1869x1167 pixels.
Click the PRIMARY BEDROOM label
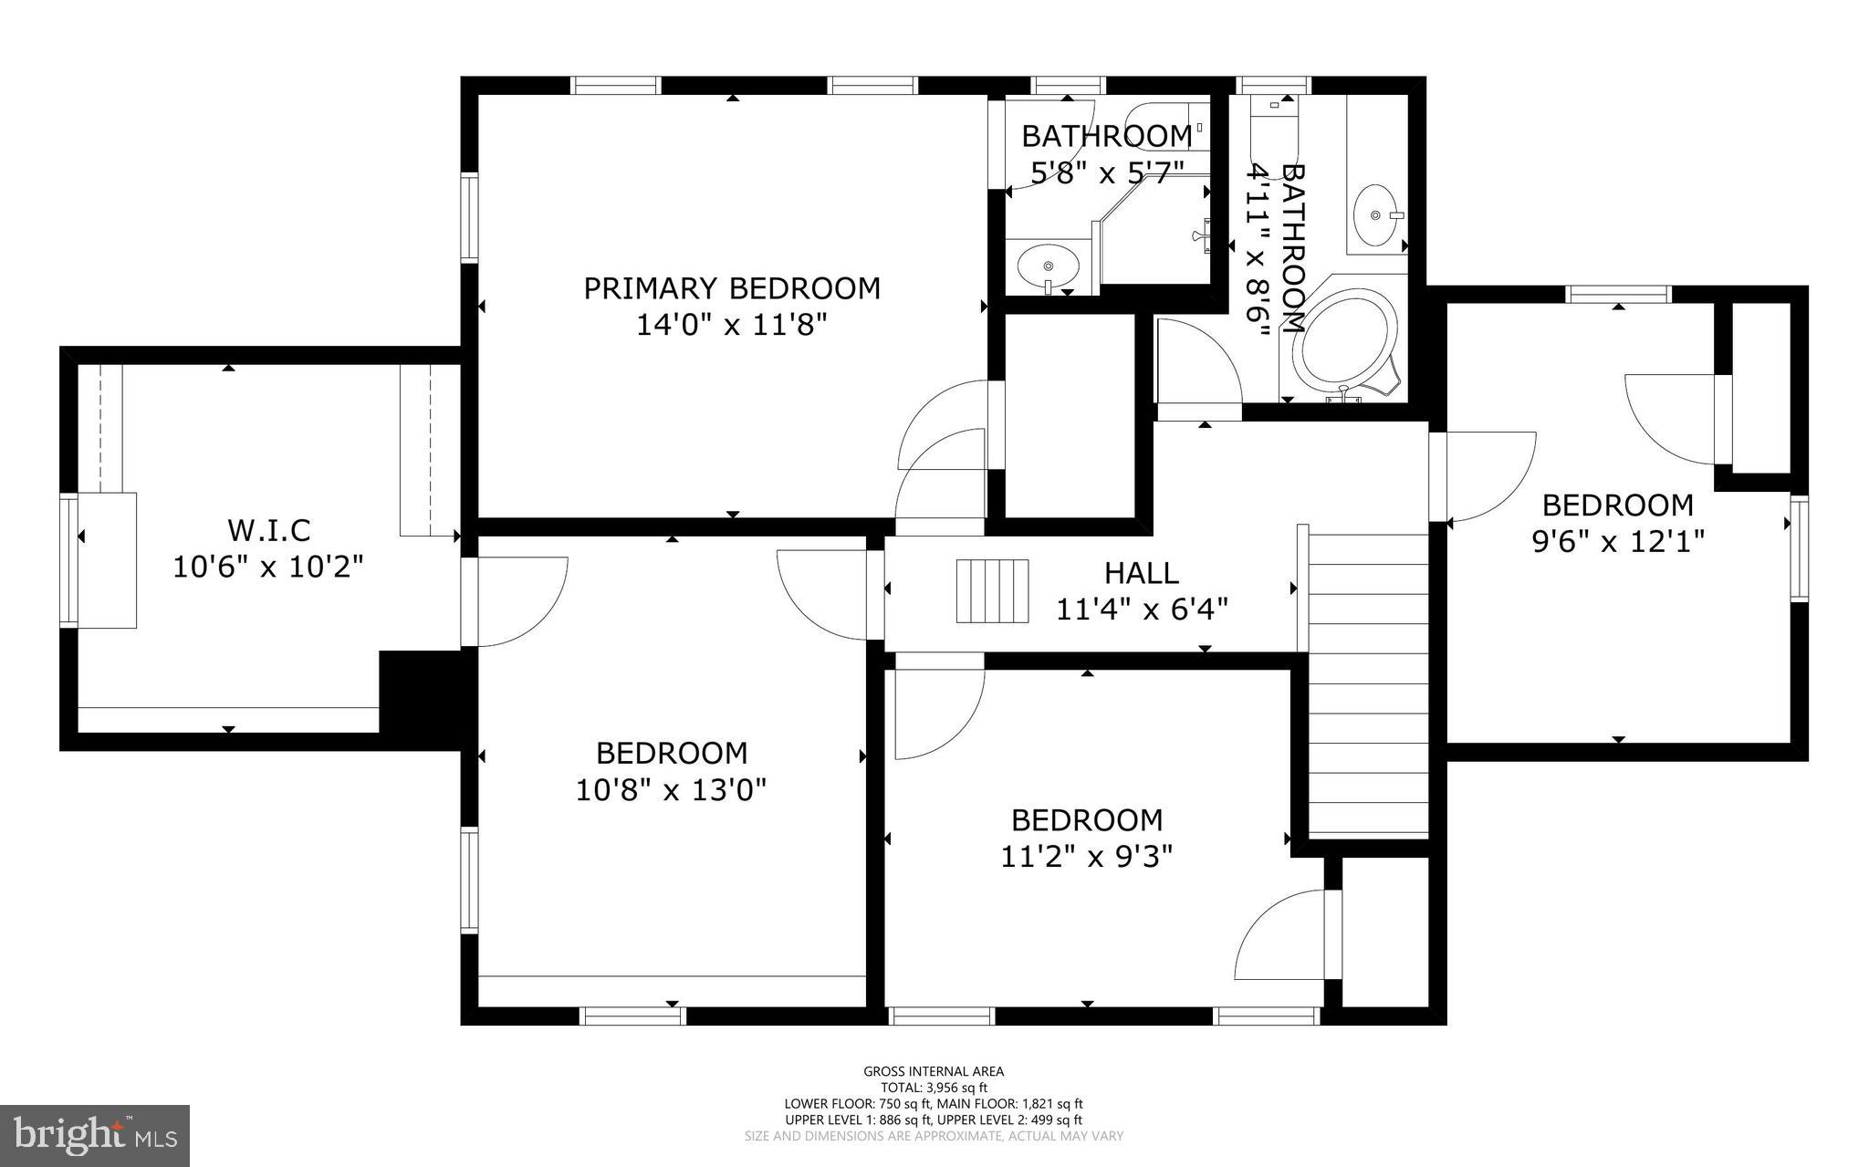pyautogui.click(x=732, y=288)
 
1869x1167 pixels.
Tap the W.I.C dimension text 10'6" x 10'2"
pyautogui.click(x=268, y=567)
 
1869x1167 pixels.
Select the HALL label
pyautogui.click(x=1141, y=573)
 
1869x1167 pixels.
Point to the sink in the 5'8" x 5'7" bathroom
pyautogui.click(x=1048, y=266)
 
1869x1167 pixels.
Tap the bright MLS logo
pyautogui.click(x=95, y=1135)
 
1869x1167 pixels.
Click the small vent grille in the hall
pyautogui.click(x=992, y=591)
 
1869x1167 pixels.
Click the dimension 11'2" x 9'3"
pyautogui.click(x=1086, y=857)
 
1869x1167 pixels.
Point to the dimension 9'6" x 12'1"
pyautogui.click(x=1617, y=542)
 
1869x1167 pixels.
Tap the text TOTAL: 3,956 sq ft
pyautogui.click(x=934, y=1088)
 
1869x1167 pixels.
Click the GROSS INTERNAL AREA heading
pyautogui.click(x=934, y=1071)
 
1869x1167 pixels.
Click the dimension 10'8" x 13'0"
pyautogui.click(x=671, y=789)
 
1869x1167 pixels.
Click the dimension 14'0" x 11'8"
pyautogui.click(x=732, y=325)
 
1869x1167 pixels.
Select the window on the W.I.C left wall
pyautogui.click(x=68, y=560)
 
